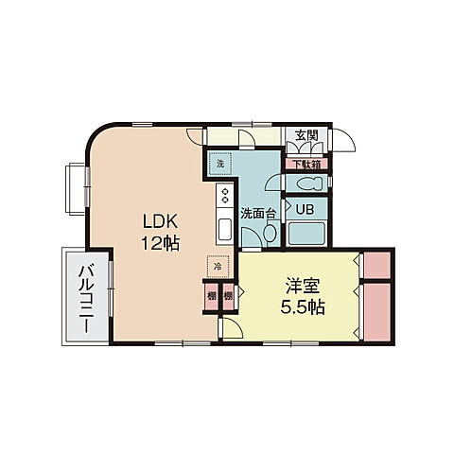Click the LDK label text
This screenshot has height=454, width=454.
[160, 221]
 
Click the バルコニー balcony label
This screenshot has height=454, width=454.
[85, 295]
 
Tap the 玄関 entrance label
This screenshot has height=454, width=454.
[306, 135]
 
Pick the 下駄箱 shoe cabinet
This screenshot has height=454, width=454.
[306, 163]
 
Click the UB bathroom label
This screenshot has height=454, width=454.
[305, 208]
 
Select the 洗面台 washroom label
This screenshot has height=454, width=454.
[257, 214]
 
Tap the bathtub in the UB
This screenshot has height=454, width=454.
[305, 234]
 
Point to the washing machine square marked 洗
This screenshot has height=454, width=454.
[219, 164]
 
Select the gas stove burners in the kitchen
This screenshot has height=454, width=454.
[226, 196]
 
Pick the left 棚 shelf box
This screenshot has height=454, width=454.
[212, 295]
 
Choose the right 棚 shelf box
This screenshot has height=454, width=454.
[228, 295]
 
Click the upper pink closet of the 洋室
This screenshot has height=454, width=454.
[377, 264]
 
